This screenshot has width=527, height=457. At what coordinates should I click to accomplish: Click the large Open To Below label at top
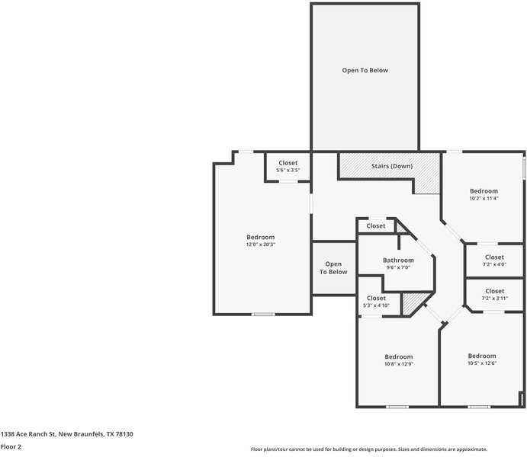tap(365, 70)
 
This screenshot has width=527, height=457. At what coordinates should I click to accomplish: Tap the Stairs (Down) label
tap(392, 166)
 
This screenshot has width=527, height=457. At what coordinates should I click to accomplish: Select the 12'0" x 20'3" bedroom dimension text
tap(260, 244)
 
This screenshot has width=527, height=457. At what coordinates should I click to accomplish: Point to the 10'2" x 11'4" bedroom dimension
tap(484, 198)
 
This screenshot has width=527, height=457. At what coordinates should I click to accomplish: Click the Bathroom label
tap(398, 260)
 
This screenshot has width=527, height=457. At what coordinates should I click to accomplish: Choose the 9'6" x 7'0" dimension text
tap(398, 267)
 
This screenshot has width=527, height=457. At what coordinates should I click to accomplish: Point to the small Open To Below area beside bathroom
tap(333, 268)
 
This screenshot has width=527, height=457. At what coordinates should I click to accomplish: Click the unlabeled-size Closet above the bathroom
tap(376, 226)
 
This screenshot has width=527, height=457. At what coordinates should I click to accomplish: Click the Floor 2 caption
tap(11, 447)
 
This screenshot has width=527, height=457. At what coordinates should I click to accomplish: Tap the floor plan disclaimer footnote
tap(369, 449)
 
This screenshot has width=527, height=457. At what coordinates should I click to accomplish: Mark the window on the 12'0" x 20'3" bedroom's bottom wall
tap(263, 314)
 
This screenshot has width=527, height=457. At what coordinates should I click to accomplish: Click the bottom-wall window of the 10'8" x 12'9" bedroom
tap(397, 407)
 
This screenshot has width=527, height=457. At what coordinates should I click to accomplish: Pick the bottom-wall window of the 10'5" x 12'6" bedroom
tap(479, 407)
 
